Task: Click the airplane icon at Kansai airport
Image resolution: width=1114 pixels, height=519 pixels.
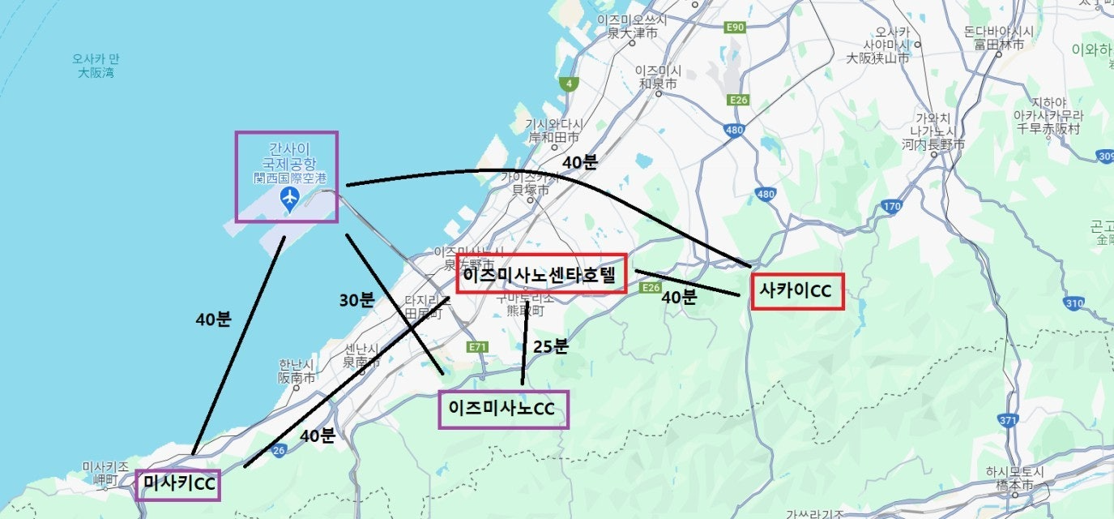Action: tap(289, 198)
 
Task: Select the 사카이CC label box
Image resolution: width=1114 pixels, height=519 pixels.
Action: tap(797, 291)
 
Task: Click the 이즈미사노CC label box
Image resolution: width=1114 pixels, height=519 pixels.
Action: tap(503, 410)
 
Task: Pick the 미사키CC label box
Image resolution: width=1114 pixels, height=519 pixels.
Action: tap(177, 484)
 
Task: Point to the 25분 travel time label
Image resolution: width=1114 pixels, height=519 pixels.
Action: tap(550, 346)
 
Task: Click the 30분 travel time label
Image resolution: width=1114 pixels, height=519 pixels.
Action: tap(356, 300)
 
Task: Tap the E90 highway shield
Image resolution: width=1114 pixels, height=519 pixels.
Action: tap(734, 28)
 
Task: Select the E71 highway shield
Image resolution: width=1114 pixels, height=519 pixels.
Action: tap(478, 347)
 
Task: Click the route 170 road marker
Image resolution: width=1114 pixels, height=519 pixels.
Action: tap(891, 207)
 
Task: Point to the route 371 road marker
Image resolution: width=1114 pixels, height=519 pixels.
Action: tap(1008, 420)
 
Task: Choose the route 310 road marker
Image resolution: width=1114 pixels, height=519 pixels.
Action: tap(1074, 303)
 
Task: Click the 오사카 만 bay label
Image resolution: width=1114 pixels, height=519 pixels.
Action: tap(96, 66)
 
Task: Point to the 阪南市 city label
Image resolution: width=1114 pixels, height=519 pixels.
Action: tap(296, 377)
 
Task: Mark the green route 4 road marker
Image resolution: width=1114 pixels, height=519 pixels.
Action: tap(570, 84)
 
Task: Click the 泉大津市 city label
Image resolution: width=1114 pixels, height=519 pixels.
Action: tap(632, 33)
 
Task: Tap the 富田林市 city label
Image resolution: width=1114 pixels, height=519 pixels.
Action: tap(998, 44)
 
